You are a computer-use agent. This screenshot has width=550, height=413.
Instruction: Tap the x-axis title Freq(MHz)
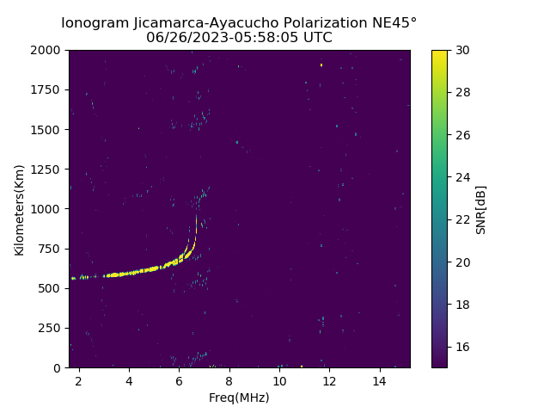point(239,398)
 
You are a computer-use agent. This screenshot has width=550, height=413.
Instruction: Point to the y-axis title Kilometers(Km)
point(19,209)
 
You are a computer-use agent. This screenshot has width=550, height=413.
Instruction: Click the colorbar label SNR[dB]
point(481,209)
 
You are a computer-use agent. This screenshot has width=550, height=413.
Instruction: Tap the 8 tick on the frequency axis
point(229,379)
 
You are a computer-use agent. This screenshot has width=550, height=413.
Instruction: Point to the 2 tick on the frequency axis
point(79,379)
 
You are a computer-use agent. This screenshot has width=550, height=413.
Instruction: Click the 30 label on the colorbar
point(461,50)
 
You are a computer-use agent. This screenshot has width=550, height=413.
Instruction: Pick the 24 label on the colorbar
point(461,177)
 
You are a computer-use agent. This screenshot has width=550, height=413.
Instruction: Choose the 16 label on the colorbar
point(461,347)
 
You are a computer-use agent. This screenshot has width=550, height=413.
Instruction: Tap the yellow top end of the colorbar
point(439,53)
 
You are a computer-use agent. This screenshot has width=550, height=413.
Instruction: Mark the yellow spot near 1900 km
point(321,65)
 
